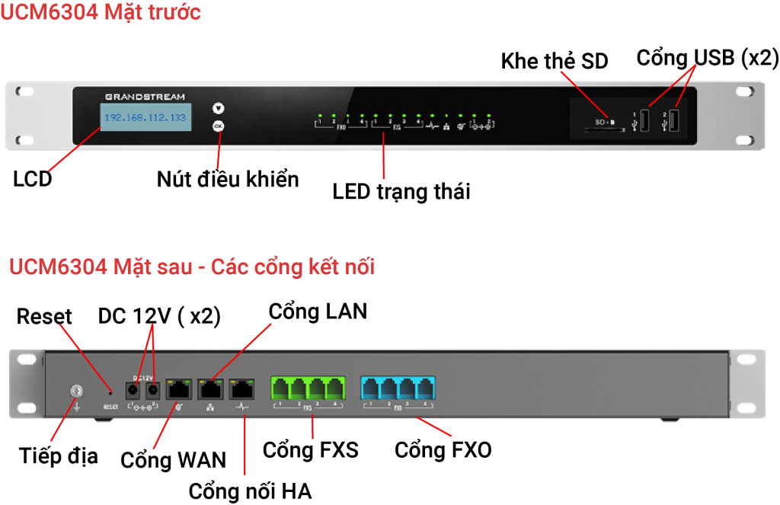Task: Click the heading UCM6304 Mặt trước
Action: [101, 13]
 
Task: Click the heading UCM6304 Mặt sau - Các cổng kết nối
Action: [191, 267]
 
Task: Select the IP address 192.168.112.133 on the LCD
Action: [145, 118]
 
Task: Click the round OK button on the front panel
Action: [219, 126]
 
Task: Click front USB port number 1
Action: [643, 121]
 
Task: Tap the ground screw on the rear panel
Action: [75, 390]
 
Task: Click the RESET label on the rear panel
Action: [111, 407]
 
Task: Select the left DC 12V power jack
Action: [133, 389]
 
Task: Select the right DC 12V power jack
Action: [152, 389]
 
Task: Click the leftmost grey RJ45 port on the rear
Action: [179, 388]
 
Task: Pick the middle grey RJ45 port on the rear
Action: [210, 388]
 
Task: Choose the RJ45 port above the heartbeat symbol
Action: [241, 388]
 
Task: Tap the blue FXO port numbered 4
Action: [424, 388]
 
